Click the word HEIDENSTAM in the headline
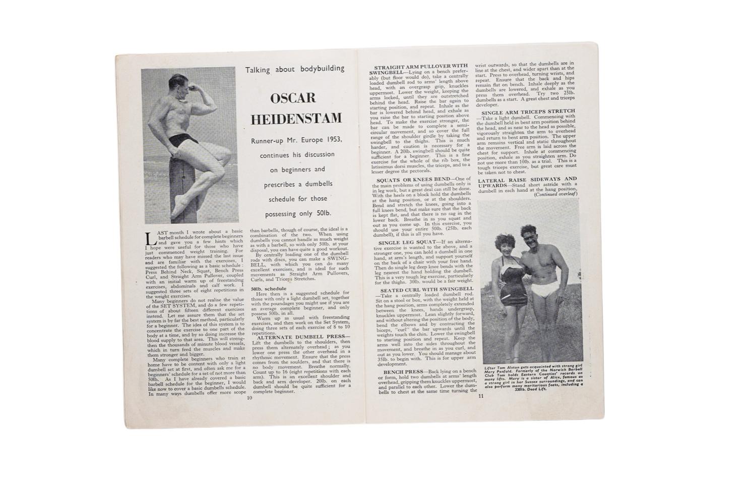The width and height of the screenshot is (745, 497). (x=296, y=119)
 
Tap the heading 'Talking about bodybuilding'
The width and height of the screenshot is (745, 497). (x=295, y=69)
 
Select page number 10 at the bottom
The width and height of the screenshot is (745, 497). (x=249, y=398)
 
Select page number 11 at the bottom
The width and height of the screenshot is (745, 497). (x=481, y=396)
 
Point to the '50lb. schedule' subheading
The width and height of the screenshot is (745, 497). (x=269, y=289)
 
